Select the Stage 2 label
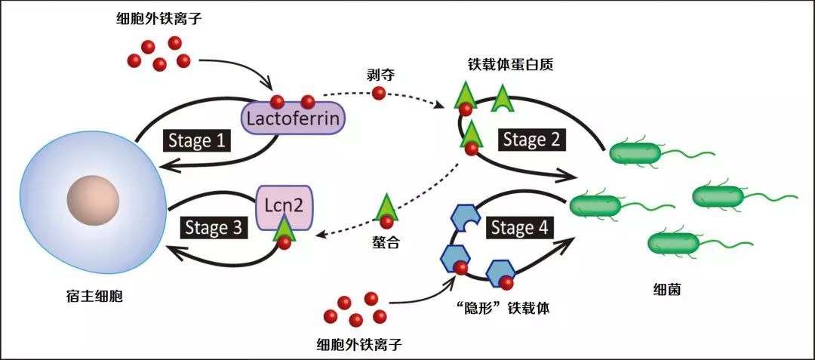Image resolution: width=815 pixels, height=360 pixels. click(536, 140)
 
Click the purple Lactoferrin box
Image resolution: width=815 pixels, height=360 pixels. click(293, 119)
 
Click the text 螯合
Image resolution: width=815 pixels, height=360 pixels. click(386, 245)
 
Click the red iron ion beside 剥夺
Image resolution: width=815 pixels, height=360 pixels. click(379, 93)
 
